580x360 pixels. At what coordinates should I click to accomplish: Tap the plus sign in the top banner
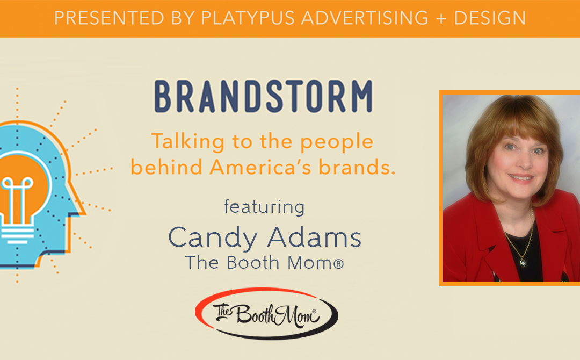tap(442, 18)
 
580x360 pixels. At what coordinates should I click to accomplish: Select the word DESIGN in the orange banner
tap(490, 18)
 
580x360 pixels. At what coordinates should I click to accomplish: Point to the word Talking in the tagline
tap(180, 142)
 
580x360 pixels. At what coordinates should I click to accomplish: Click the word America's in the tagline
tap(258, 167)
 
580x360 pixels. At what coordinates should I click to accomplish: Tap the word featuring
tap(264, 207)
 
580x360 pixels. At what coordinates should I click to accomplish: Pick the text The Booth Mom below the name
tap(264, 263)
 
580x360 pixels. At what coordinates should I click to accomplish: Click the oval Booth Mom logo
tap(266, 314)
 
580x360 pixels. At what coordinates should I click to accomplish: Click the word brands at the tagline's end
tap(359, 167)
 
